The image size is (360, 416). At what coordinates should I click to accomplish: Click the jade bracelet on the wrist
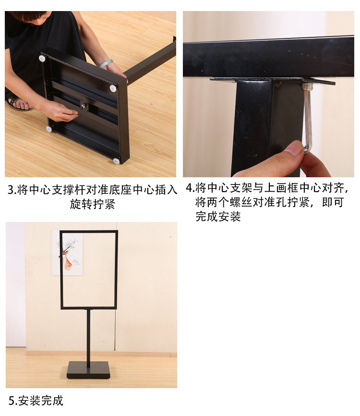106,63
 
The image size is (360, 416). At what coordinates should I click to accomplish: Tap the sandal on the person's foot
19,103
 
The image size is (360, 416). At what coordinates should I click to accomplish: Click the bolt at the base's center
84,106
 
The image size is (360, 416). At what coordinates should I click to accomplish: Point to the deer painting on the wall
68,253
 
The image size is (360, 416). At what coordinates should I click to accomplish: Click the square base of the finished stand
88,370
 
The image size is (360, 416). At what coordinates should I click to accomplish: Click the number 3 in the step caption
11,190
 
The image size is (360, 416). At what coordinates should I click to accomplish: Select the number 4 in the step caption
189,188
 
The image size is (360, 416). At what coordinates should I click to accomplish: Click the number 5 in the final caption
12,401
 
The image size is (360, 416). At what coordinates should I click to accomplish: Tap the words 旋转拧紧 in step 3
93,204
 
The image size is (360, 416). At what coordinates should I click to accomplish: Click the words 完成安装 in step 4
218,217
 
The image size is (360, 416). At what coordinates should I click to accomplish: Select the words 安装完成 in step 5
41,401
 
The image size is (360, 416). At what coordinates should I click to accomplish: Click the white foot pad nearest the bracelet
113,88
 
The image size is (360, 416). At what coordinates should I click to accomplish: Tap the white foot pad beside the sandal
49,129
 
